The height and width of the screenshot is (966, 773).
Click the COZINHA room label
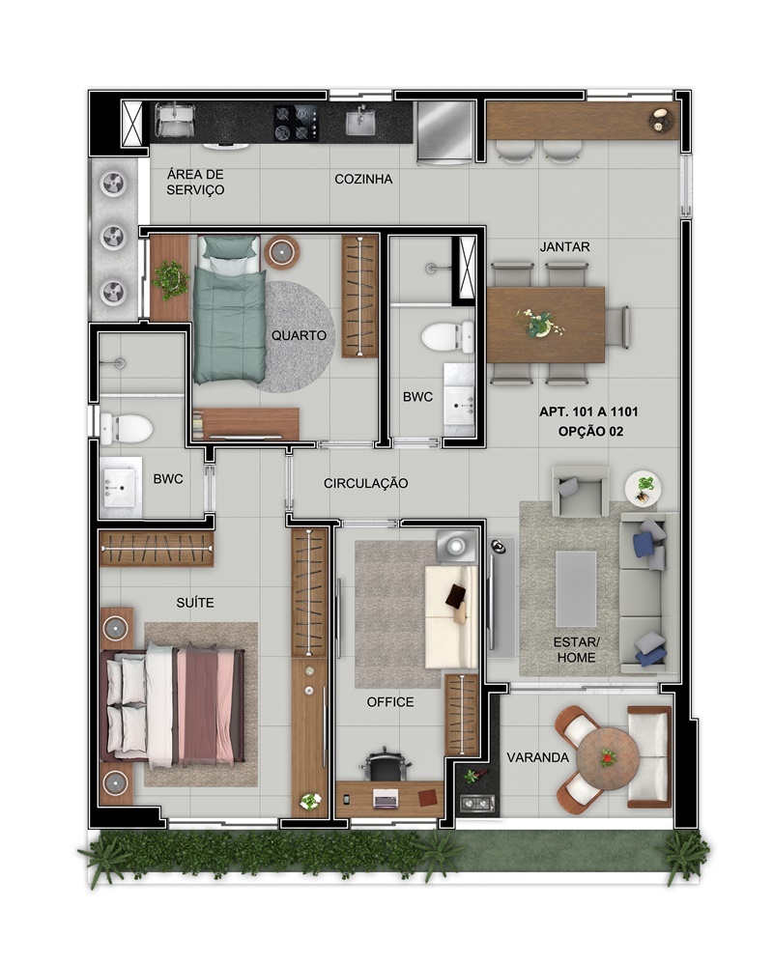(363, 180)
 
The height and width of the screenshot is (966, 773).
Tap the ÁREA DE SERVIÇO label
(195, 183)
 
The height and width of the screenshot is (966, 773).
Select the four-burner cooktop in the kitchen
(297, 123)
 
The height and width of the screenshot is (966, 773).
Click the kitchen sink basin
(360, 123)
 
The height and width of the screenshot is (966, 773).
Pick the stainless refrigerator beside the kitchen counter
(445, 132)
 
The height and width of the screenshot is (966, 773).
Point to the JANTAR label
(564, 247)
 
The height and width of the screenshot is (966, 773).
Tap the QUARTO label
(299, 336)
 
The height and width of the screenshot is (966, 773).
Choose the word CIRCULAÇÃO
(365, 484)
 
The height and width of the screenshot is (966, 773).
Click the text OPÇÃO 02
(590, 432)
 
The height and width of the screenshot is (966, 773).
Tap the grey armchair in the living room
(580, 491)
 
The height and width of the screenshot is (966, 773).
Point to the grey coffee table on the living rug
(576, 588)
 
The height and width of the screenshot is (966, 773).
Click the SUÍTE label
(195, 603)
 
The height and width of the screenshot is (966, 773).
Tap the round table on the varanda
(608, 758)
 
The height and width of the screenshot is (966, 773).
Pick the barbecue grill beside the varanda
(477, 804)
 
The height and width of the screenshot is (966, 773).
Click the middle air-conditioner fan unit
(114, 238)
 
